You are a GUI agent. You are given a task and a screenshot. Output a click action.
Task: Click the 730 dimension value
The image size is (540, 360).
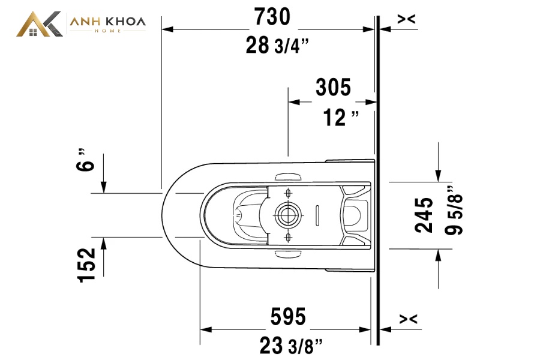click(272, 17)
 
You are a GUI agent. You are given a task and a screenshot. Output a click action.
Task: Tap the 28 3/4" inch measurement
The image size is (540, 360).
click(277, 46)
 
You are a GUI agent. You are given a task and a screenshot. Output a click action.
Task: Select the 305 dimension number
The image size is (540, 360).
click(333, 87)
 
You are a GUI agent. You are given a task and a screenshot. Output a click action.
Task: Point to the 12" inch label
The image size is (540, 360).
click(341, 118)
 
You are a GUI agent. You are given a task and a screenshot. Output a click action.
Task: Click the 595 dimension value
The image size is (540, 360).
click(288, 317)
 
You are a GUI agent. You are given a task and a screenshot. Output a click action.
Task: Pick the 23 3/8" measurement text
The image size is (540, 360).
click(291, 346)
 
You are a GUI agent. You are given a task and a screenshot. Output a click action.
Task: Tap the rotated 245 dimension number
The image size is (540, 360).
click(424, 215)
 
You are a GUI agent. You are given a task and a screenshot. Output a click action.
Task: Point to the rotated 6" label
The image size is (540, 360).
click(85, 160)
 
